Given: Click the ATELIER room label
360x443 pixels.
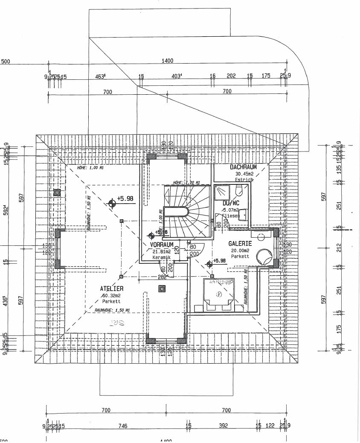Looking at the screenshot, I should [112, 289].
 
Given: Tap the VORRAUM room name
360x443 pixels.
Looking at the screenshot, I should [162, 245].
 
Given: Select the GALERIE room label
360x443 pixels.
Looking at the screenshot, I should [240, 244].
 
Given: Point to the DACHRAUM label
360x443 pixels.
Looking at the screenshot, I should [242, 167].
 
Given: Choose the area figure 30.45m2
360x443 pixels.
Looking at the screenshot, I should [244, 174].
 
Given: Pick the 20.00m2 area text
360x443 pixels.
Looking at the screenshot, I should [240, 251].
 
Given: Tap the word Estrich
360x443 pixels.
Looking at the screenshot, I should [244, 180].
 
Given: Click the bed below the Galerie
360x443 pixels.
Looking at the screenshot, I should [218, 294].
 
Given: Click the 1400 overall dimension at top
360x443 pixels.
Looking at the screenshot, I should [168, 61].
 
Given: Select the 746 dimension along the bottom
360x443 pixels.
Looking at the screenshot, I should [122, 426].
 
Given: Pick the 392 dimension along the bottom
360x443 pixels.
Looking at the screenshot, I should [224, 426].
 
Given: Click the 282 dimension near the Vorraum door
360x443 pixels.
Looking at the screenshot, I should [162, 277].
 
